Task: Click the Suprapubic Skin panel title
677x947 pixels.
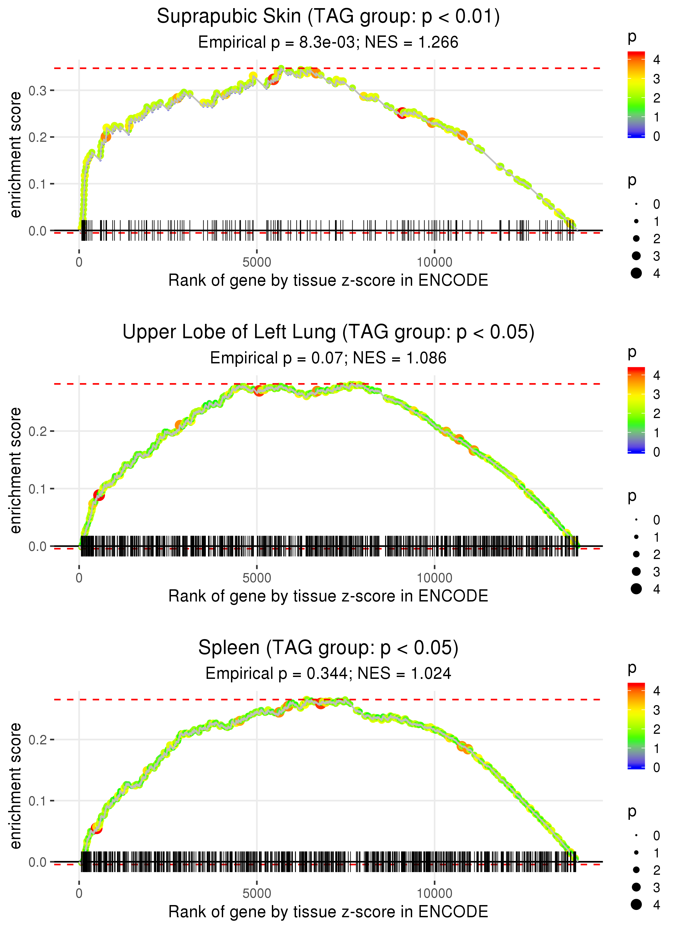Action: (328, 17)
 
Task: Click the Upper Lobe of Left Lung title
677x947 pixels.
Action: (328, 332)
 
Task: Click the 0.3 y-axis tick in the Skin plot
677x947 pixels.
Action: (38, 90)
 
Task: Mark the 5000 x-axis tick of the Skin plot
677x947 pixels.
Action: (257, 262)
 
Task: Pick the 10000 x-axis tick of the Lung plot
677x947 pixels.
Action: (434, 578)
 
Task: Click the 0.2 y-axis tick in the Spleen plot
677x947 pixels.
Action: (38, 740)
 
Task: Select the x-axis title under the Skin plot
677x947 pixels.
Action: (328, 281)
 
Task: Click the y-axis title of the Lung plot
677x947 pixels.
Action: (15, 471)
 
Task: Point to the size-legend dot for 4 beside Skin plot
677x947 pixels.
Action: (636, 273)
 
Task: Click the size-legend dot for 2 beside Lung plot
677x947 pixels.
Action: (636, 554)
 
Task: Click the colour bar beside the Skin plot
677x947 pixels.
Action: (636, 94)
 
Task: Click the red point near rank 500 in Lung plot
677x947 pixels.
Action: (99, 495)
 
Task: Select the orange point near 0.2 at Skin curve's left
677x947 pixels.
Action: (106, 137)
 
